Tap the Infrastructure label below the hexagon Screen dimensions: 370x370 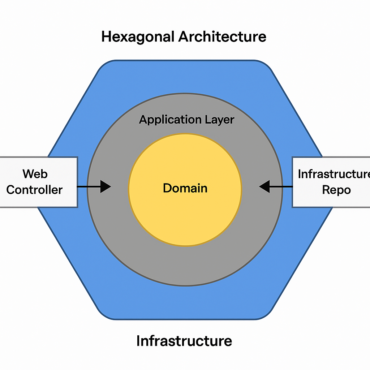184,341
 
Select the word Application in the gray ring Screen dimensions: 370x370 166,120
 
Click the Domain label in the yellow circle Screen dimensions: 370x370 185,188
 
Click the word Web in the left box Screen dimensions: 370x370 35,174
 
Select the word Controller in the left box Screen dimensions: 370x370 35,190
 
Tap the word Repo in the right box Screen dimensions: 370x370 336,190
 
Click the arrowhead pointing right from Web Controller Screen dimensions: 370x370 106,186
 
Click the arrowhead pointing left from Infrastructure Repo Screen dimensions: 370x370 264,186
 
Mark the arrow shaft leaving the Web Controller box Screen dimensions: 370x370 89,186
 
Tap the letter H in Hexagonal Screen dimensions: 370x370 106,37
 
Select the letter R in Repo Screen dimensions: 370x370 326,190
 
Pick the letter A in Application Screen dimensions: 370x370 143,120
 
